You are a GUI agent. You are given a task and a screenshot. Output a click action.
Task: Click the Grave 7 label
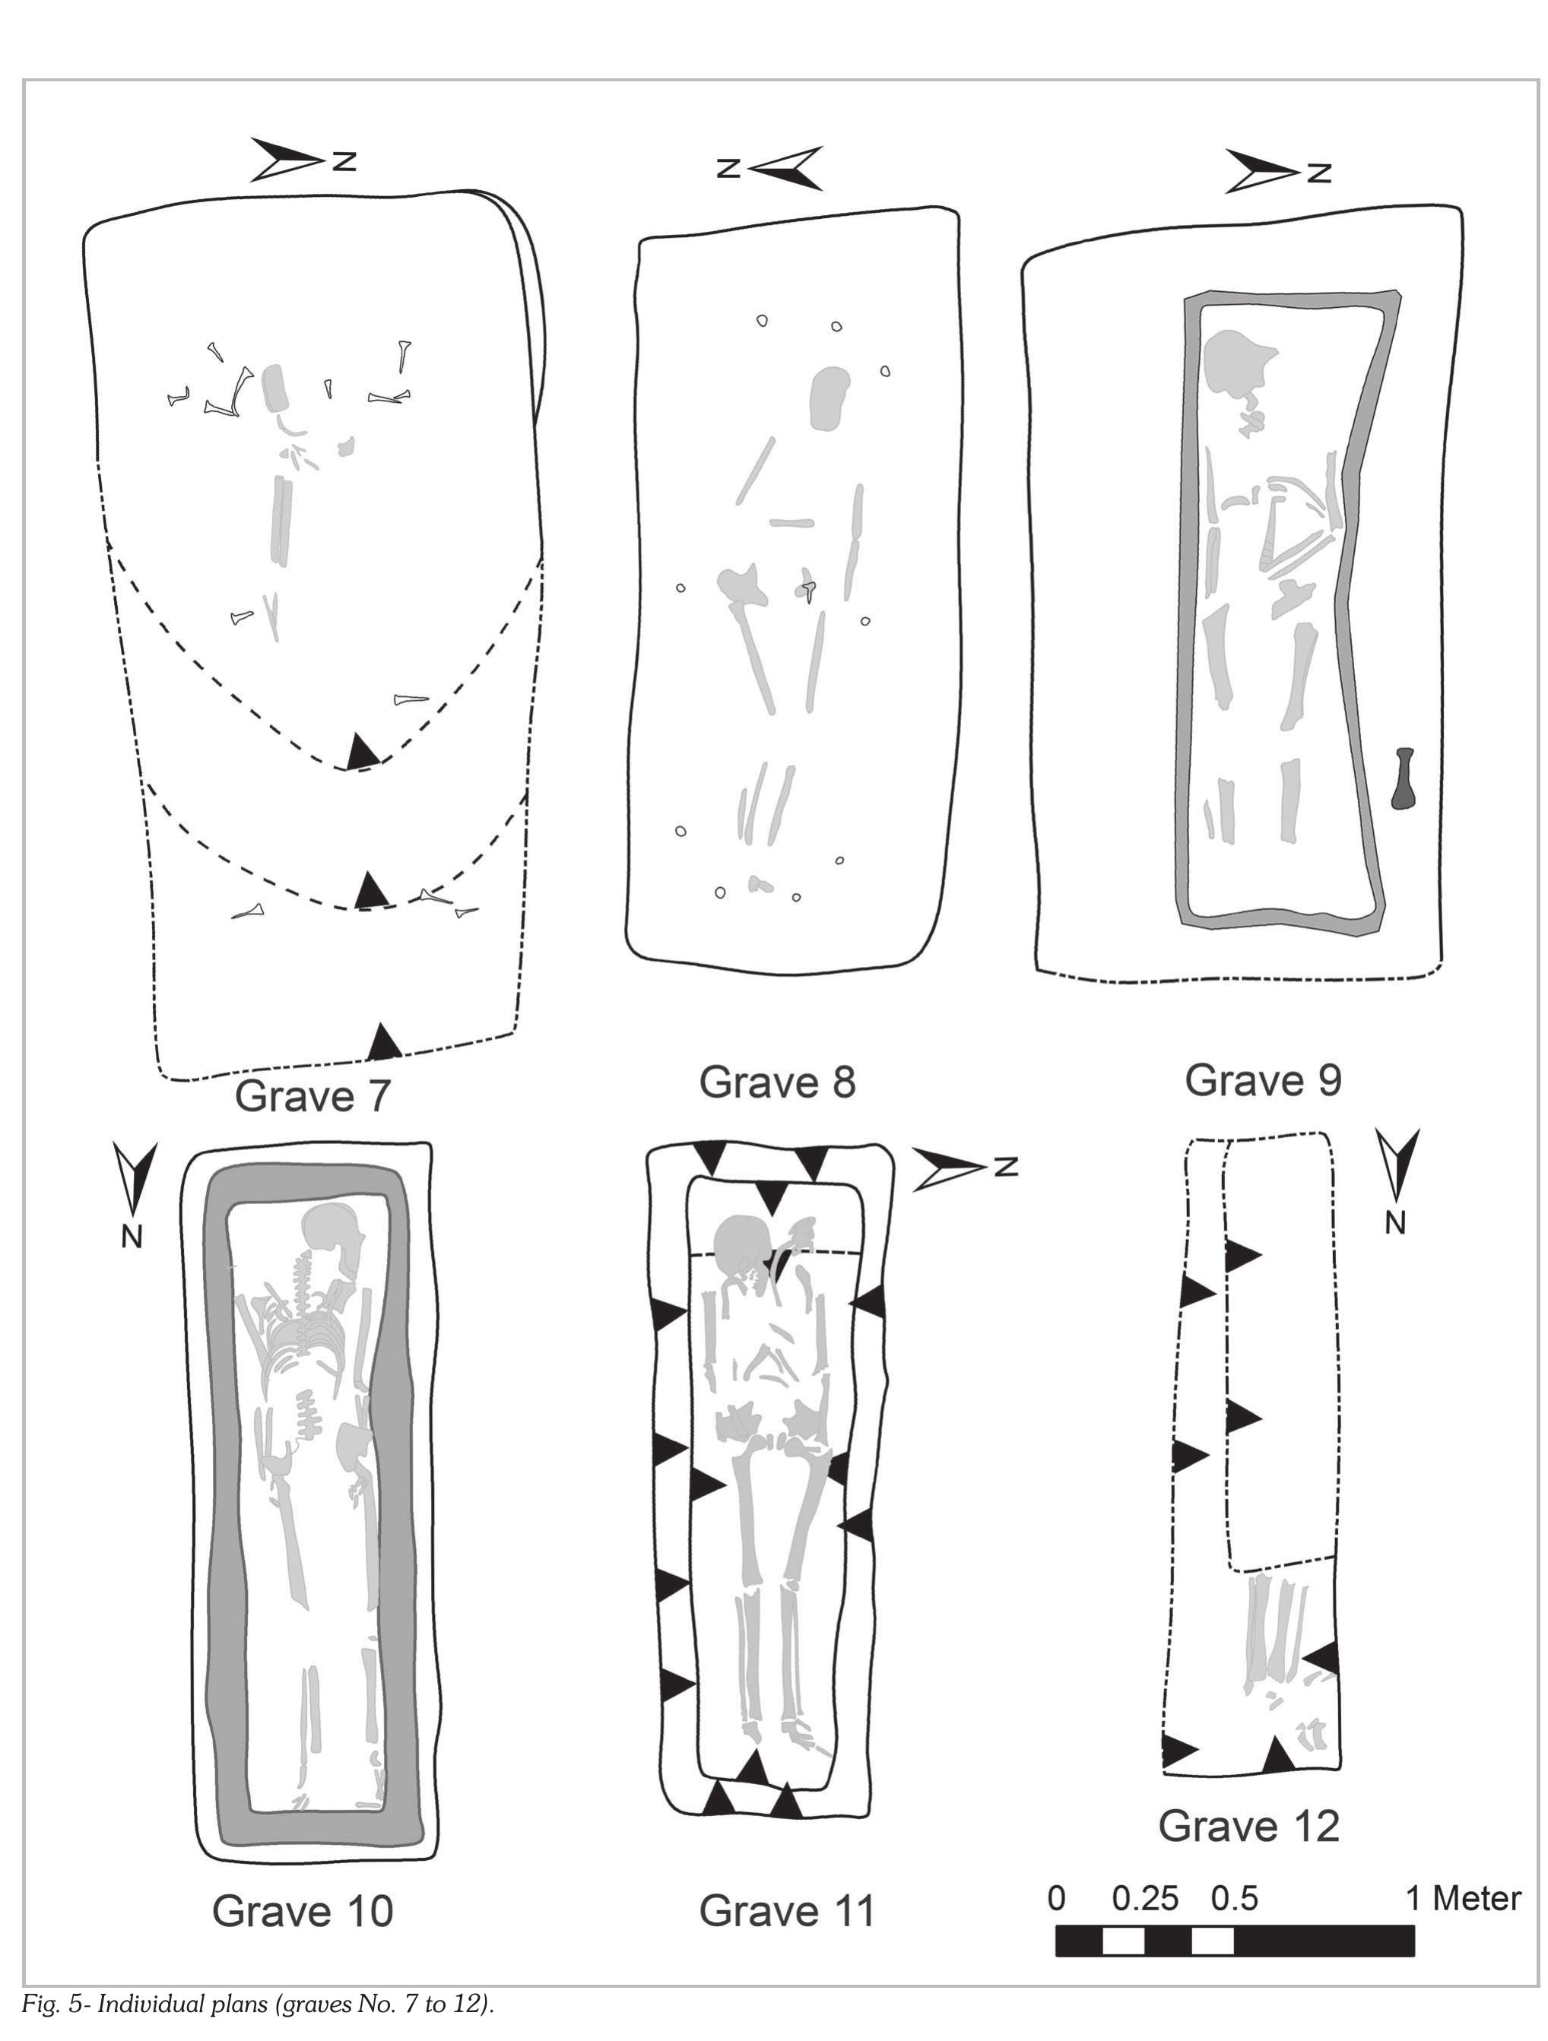click(x=313, y=1096)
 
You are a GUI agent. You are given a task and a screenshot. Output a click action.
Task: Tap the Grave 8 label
click(x=777, y=1082)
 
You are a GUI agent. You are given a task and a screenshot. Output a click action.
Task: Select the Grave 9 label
click(x=1263, y=1079)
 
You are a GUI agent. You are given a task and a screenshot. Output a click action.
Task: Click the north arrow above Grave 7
click(x=303, y=160)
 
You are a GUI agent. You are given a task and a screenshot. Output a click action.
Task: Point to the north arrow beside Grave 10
click(x=134, y=1195)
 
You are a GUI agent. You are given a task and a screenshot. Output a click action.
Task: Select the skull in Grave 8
click(x=830, y=398)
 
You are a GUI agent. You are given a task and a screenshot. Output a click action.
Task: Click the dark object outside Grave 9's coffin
click(x=1405, y=778)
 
